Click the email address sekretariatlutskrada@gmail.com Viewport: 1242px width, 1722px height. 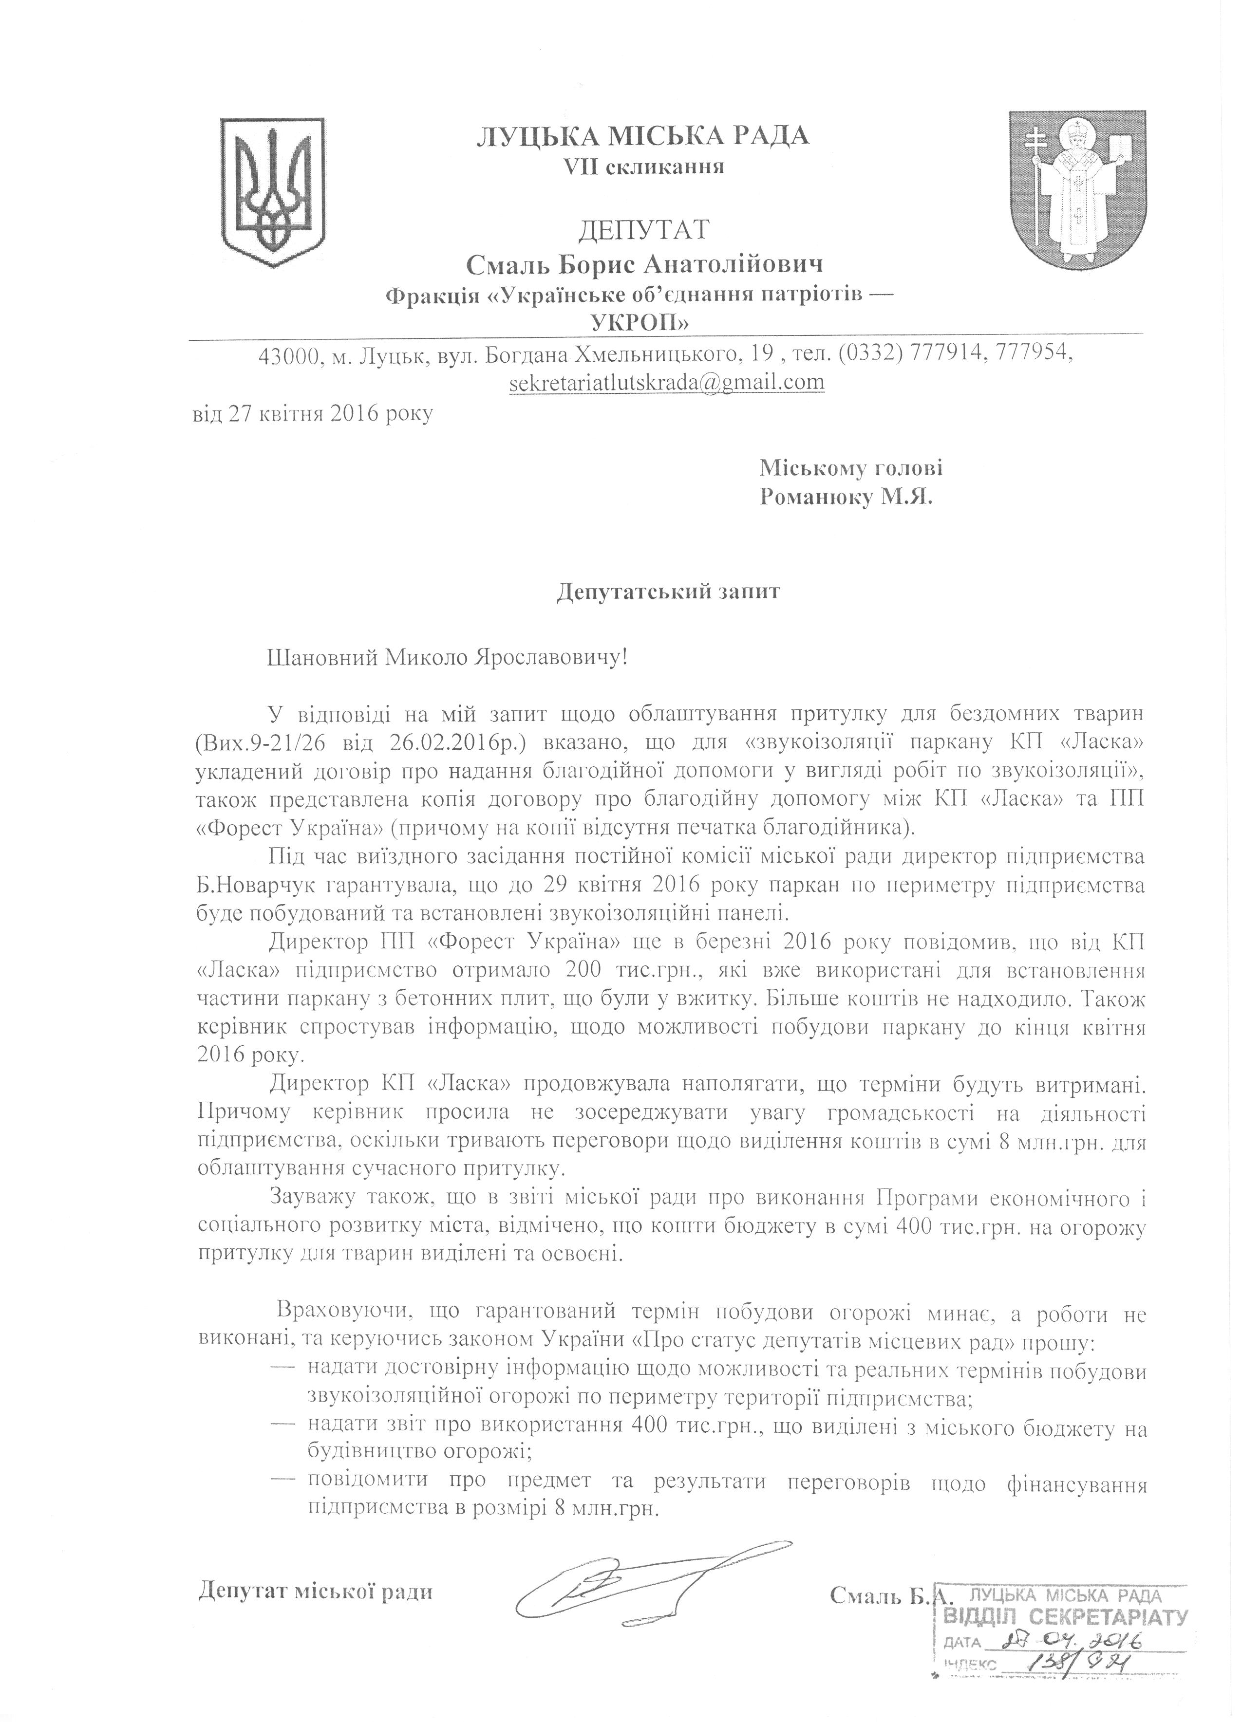click(667, 381)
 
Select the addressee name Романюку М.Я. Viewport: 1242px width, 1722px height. click(846, 498)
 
